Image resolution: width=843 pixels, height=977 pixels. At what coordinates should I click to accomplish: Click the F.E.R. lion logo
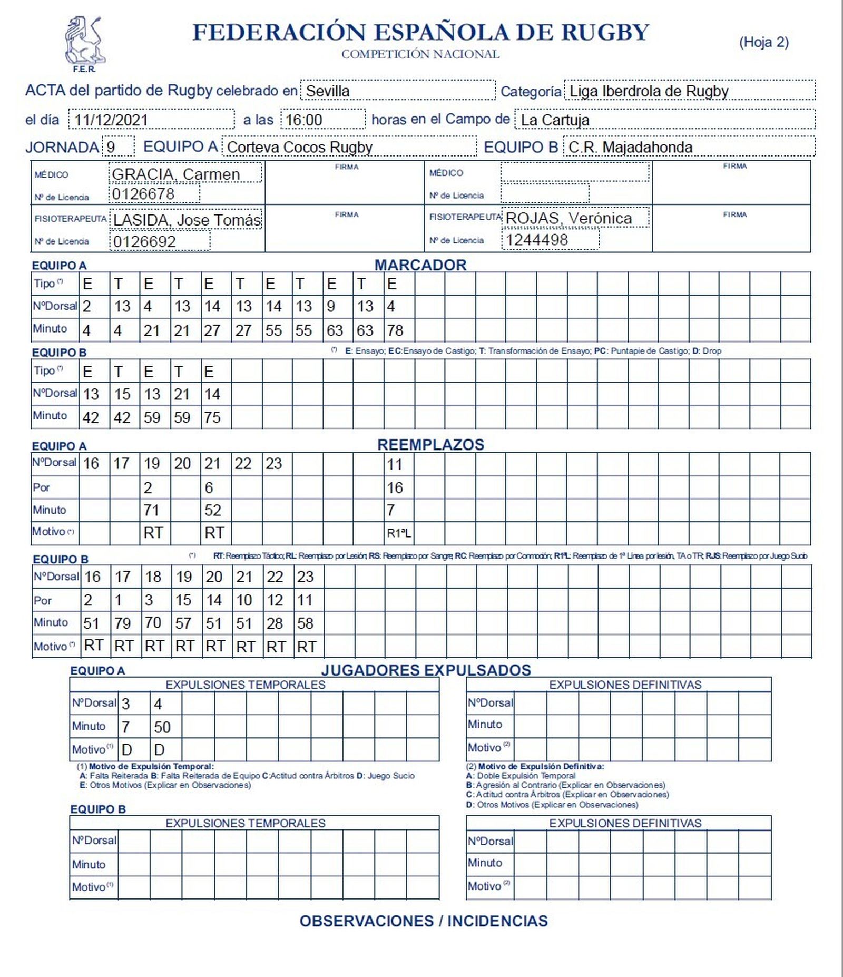(84, 42)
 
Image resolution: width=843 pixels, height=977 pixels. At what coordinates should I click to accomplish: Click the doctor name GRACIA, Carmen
(176, 174)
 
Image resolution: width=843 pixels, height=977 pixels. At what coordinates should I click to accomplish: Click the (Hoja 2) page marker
(763, 42)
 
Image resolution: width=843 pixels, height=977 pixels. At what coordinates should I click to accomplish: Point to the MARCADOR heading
(420, 265)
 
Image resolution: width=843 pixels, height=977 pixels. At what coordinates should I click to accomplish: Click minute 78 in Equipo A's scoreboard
(395, 330)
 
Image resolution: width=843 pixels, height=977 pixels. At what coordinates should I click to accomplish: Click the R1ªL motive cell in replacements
(399, 533)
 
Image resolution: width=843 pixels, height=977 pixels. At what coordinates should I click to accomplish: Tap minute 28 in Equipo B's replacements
(275, 623)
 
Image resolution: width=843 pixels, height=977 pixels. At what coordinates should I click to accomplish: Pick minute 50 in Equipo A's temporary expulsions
(162, 727)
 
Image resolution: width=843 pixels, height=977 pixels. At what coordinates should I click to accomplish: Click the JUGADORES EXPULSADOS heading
(426, 670)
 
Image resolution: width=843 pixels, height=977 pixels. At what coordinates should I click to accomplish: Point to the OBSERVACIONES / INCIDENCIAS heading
(424, 921)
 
